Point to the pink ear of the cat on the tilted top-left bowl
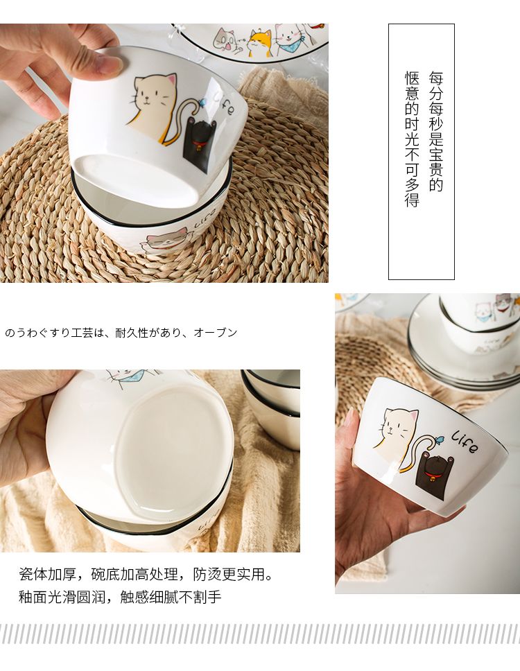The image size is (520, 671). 172,79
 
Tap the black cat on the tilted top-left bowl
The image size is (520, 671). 199,141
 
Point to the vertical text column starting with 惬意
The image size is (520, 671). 412,139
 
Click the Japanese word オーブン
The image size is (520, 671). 216,333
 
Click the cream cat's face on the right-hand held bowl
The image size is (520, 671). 396,424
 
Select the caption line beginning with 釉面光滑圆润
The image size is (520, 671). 120,597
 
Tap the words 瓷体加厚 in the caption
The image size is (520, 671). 48,574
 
